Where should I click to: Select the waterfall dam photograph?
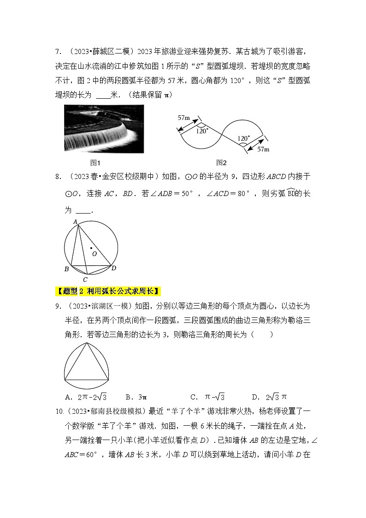(x=104, y=129)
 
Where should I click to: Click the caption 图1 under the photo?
(x=95, y=163)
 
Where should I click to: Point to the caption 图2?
(x=222, y=163)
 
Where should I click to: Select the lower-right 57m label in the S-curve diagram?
(x=263, y=149)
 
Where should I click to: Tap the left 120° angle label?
(x=202, y=131)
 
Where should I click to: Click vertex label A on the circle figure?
(x=75, y=222)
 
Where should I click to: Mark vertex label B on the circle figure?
(x=66, y=269)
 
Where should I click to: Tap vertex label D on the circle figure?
(x=114, y=268)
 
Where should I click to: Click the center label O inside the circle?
(x=94, y=253)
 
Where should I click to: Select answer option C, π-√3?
(x=207, y=397)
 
